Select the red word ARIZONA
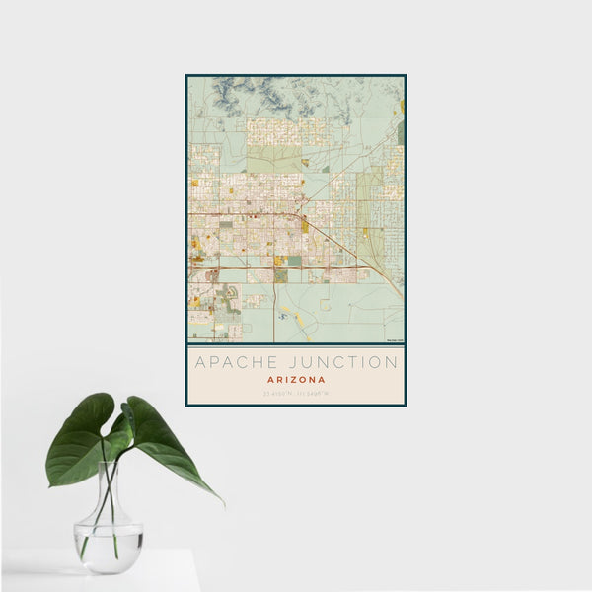(295, 379)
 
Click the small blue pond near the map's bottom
(283, 317)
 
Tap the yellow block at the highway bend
(306, 226)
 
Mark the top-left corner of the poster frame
(187, 76)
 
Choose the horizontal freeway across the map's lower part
(276, 267)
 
